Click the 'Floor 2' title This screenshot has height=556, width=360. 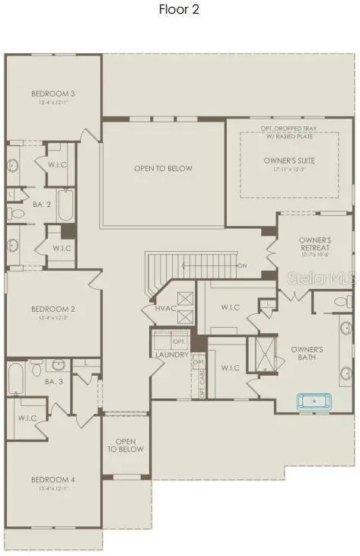click(x=179, y=10)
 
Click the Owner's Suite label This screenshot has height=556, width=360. click(x=289, y=160)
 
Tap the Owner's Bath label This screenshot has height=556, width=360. click(x=307, y=354)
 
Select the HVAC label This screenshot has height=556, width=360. click(x=166, y=308)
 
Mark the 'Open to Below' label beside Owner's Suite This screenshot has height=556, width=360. click(x=164, y=168)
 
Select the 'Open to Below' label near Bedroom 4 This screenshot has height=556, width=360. click(x=126, y=446)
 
